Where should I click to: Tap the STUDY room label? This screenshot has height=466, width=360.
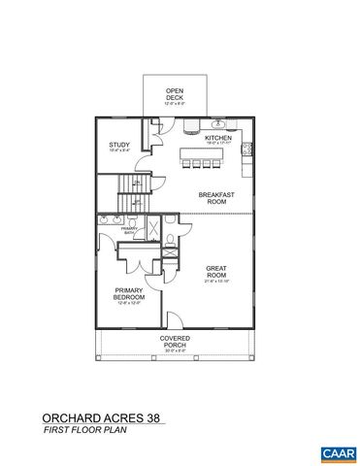119,147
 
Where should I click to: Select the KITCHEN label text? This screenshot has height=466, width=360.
216,138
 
